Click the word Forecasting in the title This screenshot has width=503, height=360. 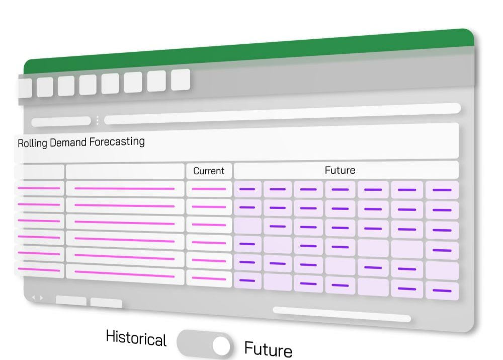pyautogui.click(x=117, y=141)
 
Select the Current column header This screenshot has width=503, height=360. pyautogui.click(x=209, y=171)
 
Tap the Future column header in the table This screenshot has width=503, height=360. pyautogui.click(x=340, y=170)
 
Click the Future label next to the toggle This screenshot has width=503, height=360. pyautogui.click(x=268, y=349)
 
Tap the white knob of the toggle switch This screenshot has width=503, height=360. pyautogui.click(x=221, y=345)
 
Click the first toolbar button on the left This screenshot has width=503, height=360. pyautogui.click(x=25, y=88)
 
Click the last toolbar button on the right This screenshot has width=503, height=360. pyautogui.click(x=181, y=80)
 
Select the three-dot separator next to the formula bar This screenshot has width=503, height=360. pyautogui.click(x=97, y=120)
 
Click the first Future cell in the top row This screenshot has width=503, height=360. pyautogui.click(x=247, y=189)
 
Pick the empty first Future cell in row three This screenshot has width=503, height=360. pyautogui.click(x=247, y=226)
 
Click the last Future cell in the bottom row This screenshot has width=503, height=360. pyautogui.click(x=442, y=291)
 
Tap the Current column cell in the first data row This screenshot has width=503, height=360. pyautogui.click(x=209, y=189)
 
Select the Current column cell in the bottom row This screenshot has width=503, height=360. pyautogui.click(x=209, y=278)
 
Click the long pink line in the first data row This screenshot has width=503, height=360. pyautogui.click(x=124, y=189)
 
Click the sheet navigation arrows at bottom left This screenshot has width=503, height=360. pyautogui.click(x=37, y=298)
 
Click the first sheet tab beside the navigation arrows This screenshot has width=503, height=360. pyautogui.click(x=71, y=301)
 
